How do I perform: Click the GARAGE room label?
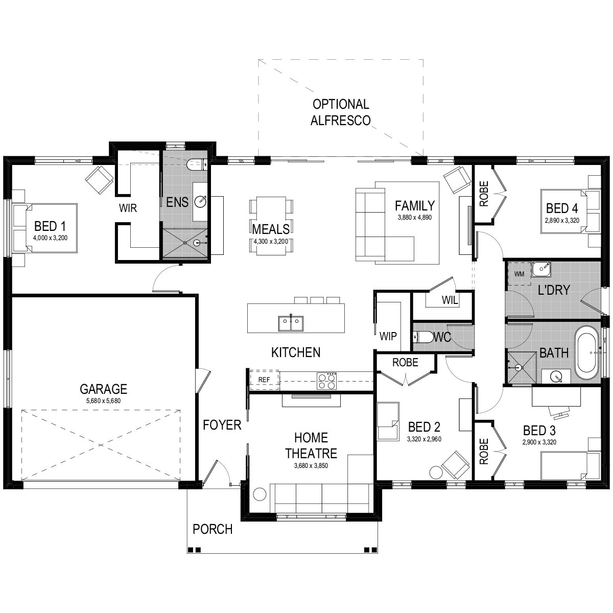103,389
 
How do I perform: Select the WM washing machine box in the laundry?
519,274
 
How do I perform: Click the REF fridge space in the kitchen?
264,380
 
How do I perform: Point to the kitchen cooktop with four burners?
327,381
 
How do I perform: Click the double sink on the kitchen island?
291,323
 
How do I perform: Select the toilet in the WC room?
422,337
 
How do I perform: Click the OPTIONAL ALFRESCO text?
341,112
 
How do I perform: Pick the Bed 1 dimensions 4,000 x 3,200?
50,238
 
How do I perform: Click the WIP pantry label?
388,337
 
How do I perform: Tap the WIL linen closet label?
450,300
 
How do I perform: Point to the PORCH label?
213,529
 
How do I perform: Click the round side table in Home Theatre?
260,494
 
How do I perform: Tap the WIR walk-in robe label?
128,208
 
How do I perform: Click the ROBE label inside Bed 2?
405,363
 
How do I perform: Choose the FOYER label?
222,425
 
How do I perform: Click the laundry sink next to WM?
541,268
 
